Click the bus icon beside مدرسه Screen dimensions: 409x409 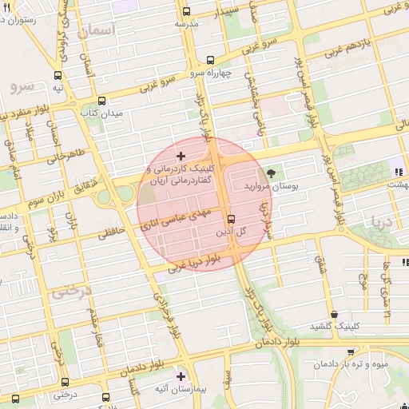point(186,12)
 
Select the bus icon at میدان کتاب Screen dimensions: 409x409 point(101,101)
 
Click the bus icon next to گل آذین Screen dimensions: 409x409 point(232,218)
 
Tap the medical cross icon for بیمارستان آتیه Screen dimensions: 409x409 point(181,375)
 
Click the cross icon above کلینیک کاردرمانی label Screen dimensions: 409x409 point(181,155)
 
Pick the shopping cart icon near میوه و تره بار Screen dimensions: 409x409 point(350,351)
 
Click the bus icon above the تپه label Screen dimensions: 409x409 point(57,74)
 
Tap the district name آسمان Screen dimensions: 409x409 point(98,31)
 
